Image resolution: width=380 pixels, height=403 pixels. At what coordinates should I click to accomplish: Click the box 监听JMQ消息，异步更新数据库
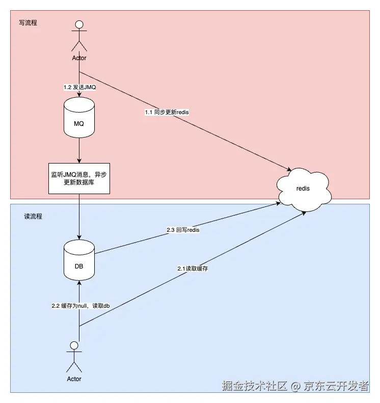click(x=79, y=178)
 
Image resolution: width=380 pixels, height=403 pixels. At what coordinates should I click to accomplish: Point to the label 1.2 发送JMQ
click(x=79, y=87)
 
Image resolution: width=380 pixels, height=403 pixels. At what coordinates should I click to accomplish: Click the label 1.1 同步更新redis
click(x=167, y=112)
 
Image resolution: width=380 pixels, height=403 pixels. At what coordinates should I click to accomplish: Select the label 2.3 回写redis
click(x=183, y=230)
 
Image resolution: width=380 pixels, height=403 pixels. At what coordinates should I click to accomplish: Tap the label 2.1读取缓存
click(x=193, y=268)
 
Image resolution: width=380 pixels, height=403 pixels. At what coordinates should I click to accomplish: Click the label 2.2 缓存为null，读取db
click(x=80, y=306)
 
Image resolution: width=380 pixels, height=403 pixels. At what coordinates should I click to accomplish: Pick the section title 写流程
click(x=28, y=23)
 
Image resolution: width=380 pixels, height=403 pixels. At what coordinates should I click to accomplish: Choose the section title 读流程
click(x=34, y=217)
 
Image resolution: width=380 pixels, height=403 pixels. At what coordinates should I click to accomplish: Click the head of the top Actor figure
click(x=79, y=24)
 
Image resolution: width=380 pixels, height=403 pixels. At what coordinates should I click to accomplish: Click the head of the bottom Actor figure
click(x=74, y=345)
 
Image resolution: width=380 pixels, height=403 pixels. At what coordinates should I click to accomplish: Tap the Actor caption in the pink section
click(x=79, y=58)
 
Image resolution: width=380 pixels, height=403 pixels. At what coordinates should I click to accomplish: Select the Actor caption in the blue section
click(x=74, y=379)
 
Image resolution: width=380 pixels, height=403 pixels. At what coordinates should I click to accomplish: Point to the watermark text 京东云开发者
click(x=337, y=386)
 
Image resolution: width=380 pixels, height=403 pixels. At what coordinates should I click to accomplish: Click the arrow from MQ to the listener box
click(x=79, y=152)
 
